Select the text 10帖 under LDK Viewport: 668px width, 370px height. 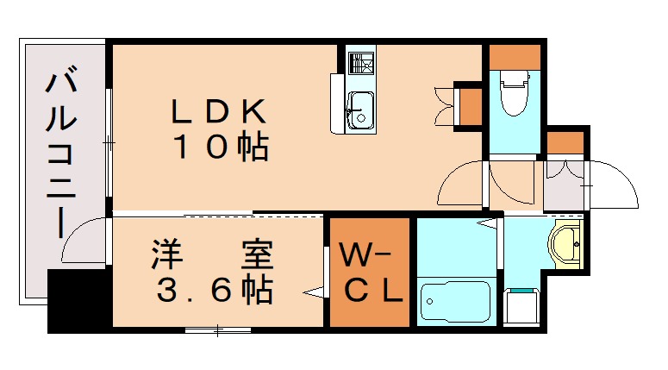click(x=222, y=147)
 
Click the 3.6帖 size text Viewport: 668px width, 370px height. click(x=215, y=292)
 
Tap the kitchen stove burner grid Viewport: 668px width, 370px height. click(x=359, y=63)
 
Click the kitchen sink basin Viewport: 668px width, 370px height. click(x=359, y=113)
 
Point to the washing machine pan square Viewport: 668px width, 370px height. click(x=521, y=305)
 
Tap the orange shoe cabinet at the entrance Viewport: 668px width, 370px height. click(x=565, y=142)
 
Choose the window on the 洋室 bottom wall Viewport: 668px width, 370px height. click(x=216, y=329)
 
